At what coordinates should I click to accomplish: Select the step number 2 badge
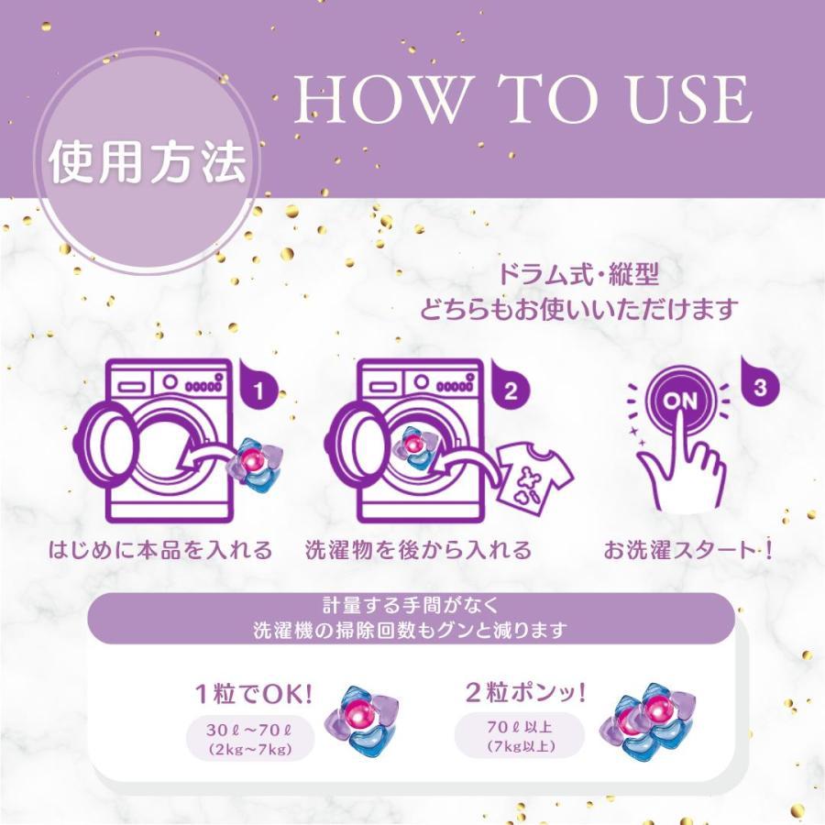[510, 389]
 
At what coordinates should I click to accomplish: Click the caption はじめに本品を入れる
[161, 551]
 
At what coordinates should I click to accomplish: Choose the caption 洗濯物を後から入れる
[418, 551]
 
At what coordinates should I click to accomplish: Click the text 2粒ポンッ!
[520, 689]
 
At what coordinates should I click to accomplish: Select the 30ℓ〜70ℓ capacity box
[249, 740]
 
